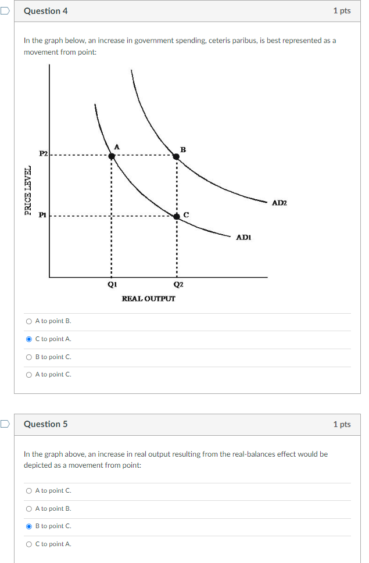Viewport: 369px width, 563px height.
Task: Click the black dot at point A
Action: coord(112,155)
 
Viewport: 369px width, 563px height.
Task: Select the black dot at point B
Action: coord(176,156)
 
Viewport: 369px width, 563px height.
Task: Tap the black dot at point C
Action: coord(177,216)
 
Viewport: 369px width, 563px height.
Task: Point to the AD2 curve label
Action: coord(279,203)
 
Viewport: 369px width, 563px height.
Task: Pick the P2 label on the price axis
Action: coord(43,153)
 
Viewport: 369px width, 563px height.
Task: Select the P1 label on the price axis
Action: coord(42,214)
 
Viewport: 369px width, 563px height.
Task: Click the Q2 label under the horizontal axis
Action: coord(178,285)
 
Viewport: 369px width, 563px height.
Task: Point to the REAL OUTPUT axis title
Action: coord(148,298)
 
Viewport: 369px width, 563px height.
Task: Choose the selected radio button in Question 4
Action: coord(29,339)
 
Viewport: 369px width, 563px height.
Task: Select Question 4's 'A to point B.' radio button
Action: coord(29,321)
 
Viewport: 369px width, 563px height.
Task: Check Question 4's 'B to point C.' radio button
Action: coord(29,357)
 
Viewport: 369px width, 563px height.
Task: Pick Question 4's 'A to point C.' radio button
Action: coord(29,375)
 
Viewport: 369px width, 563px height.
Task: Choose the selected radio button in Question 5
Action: coord(29,526)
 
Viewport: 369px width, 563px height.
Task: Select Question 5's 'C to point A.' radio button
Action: coord(29,544)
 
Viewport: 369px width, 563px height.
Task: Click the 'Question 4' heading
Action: coord(45,11)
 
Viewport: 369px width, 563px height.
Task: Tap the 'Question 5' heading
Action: coord(45,424)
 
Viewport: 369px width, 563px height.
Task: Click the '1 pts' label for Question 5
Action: coord(342,424)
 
